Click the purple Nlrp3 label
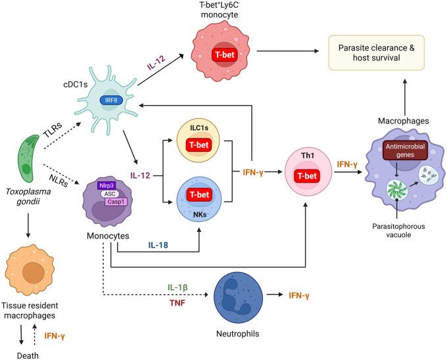pos(106,185)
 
